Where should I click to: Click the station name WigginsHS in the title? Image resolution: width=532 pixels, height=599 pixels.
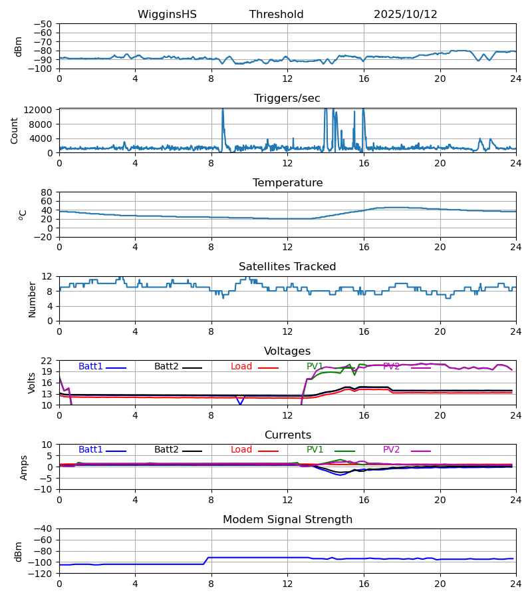pyautogui.click(x=167, y=15)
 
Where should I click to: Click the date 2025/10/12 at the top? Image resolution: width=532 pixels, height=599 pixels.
pyautogui.click(x=405, y=15)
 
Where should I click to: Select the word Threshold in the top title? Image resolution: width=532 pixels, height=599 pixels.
pyautogui.click(x=276, y=15)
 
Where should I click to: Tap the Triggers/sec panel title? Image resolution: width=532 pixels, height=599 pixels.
pyautogui.click(x=287, y=99)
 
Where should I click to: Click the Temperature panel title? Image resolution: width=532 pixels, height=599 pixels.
pyautogui.click(x=287, y=183)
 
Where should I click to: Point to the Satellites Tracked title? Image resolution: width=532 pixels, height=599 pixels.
pyautogui.click(x=287, y=267)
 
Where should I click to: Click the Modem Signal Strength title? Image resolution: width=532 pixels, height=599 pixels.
pyautogui.click(x=287, y=520)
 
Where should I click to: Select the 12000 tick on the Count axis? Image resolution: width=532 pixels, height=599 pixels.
pyautogui.click(x=42, y=110)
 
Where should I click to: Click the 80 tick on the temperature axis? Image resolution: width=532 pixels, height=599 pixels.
pyautogui.click(x=47, y=192)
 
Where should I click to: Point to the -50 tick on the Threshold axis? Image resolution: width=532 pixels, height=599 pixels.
pyautogui.click(x=45, y=24)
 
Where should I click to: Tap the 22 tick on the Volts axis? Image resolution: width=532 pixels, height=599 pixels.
pyautogui.click(x=47, y=361)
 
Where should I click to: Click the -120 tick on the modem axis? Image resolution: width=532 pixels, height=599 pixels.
pyautogui.click(x=42, y=573)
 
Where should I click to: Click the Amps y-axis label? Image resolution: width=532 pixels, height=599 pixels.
pyautogui.click(x=25, y=467)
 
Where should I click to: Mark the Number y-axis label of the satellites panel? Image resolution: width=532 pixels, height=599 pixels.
pyautogui.click(x=33, y=299)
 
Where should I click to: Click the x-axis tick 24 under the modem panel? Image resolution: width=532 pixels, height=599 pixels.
pyautogui.click(x=515, y=584)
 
